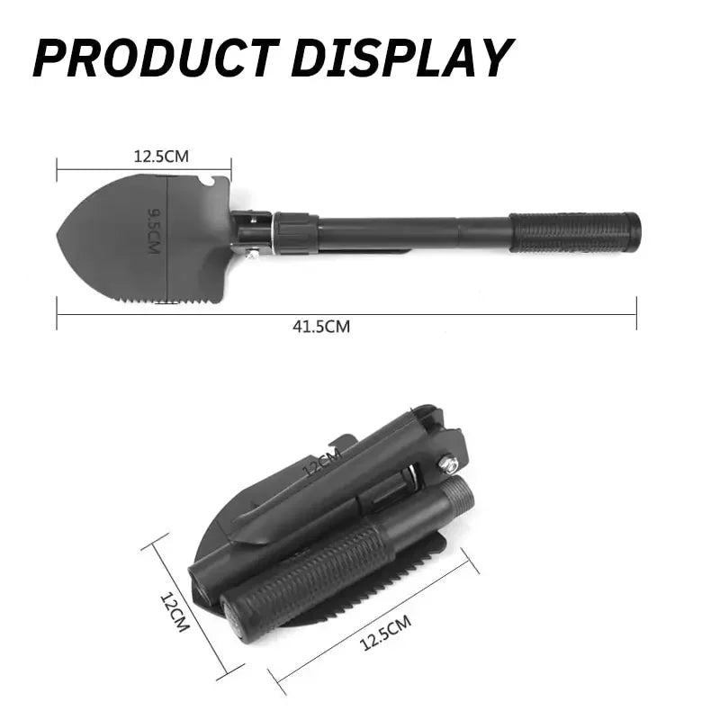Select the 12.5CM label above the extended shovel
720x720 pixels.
click(161, 156)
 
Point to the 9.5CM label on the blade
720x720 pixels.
click(154, 230)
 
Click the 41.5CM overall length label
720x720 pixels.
click(321, 327)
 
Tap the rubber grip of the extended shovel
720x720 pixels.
click(575, 232)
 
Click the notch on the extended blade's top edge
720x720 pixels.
click(209, 184)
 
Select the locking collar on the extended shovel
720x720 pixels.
click(295, 232)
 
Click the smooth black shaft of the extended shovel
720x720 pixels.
click(414, 232)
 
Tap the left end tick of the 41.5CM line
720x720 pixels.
click(57, 314)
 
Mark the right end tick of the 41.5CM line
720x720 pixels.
click(636, 314)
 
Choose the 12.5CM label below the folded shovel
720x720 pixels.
click(385, 631)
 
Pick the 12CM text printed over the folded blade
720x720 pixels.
click(321, 466)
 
